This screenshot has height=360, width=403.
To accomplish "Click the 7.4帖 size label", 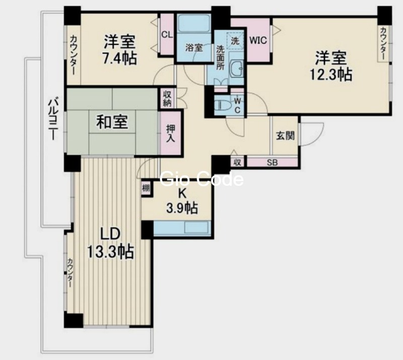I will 119,58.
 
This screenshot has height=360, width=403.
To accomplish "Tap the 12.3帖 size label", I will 330,74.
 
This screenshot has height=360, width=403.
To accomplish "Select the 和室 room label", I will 112,122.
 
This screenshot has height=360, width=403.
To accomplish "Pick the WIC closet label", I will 258,39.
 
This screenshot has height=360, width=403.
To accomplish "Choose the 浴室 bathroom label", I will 194,48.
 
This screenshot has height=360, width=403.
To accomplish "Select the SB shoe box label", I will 272,162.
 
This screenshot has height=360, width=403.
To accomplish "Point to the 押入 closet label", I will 171,132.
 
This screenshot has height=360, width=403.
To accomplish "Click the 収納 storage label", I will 167,98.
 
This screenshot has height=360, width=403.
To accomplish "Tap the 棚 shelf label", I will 146,188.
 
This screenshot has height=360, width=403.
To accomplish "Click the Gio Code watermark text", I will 201,179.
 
